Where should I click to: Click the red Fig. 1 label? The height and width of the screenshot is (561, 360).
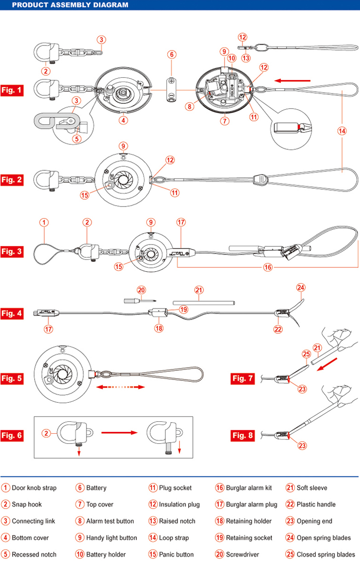(12, 90)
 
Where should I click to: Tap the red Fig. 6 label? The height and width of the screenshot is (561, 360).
(12, 435)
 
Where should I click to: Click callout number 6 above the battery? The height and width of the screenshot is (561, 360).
(172, 54)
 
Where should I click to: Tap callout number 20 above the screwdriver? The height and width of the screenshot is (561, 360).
(141, 290)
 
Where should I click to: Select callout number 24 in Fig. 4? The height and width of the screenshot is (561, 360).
(300, 287)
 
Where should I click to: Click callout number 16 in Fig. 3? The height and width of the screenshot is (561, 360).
(267, 267)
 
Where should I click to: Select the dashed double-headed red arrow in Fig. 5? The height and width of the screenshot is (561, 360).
(120, 388)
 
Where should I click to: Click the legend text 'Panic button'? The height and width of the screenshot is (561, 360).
(176, 554)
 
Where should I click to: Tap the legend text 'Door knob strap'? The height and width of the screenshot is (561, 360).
(34, 488)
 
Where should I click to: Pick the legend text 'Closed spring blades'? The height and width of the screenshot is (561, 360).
(326, 554)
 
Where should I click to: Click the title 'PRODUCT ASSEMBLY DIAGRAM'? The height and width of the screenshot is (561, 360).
(70, 5)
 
